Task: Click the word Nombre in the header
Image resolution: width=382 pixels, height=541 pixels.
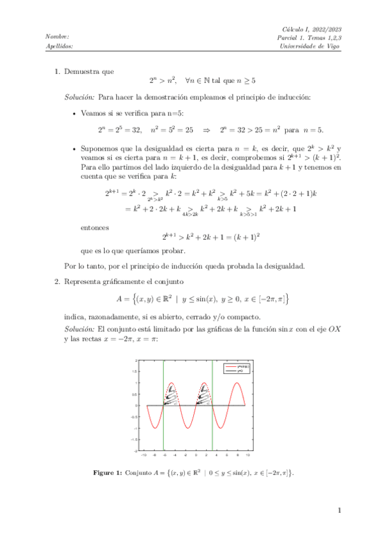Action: pos(58,36)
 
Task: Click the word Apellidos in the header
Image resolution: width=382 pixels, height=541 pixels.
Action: pos(60,46)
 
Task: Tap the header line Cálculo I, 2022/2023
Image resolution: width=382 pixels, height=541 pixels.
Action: pos(312,28)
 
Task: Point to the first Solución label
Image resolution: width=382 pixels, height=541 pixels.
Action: pos(80,98)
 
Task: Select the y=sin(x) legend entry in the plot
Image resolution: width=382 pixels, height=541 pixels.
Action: pos(235,366)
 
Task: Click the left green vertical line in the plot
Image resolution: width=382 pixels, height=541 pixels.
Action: pos(163,408)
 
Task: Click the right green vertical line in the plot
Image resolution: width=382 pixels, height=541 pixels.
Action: pos(212,408)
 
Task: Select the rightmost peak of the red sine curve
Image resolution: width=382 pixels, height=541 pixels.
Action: pos(238,383)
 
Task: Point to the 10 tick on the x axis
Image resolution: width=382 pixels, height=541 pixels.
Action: pos(247,455)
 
